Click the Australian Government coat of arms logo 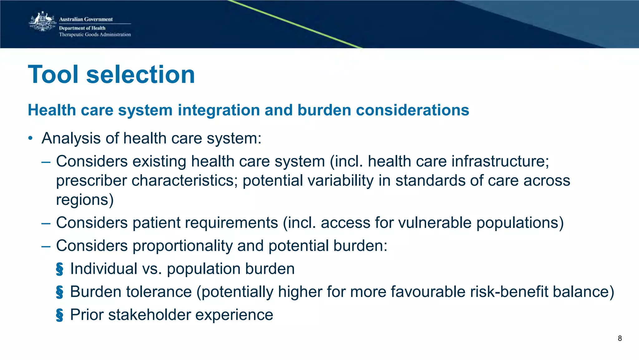tap(42, 22)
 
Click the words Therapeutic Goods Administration tap(95, 35)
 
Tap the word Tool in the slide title tap(53, 75)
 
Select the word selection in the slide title tap(140, 75)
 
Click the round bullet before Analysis tap(30, 138)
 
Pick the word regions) tap(85, 200)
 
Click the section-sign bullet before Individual tap(59, 269)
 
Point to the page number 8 tap(620, 338)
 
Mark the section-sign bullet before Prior tap(59, 315)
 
